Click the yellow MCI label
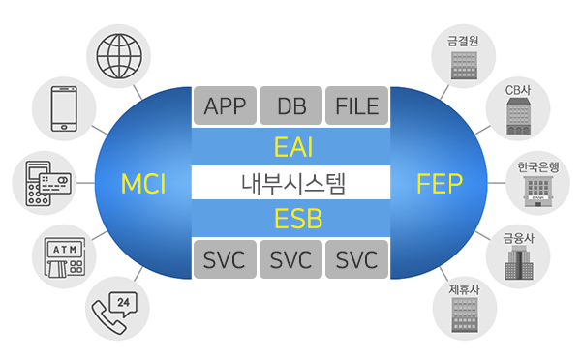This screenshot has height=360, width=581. click(144, 183)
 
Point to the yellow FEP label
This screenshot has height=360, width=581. click(439, 183)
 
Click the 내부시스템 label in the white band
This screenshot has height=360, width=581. click(290, 182)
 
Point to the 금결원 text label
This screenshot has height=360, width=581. click(463, 42)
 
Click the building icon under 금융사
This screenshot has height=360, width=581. click(519, 264)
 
